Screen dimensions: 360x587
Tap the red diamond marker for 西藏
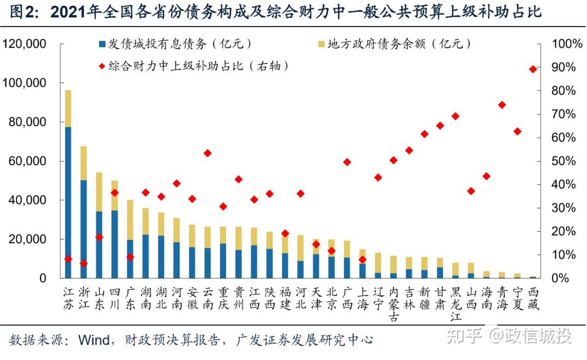(533, 69)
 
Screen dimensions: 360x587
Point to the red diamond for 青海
(502, 105)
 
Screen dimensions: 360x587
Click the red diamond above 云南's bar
(208, 153)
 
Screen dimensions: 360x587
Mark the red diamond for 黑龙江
(455, 116)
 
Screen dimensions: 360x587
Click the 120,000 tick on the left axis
(24, 44)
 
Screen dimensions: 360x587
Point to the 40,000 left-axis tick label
(27, 200)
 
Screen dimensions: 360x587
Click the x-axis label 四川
(115, 298)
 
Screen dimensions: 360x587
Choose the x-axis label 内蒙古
(394, 305)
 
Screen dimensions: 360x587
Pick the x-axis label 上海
(363, 298)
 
